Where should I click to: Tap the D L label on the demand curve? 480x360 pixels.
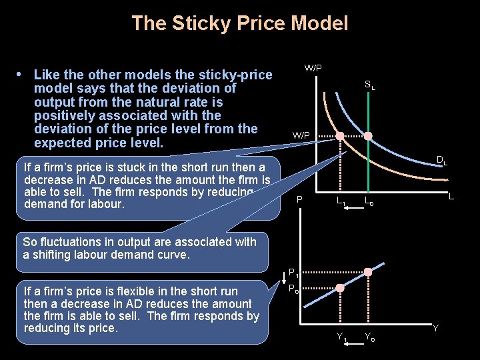pos(441,160)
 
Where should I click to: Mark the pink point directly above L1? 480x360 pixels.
pos(340,136)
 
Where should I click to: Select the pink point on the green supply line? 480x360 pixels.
pos(367,136)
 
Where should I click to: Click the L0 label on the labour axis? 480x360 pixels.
pos(369,201)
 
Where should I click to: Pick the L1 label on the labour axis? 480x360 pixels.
pos(341,201)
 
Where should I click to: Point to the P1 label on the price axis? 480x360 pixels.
pos(293,272)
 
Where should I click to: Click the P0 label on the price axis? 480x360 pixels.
pos(293,289)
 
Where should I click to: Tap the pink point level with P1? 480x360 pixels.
pos(367,272)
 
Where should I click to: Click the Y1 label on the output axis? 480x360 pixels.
pos(343,337)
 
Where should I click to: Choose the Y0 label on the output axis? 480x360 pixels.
pos(369,337)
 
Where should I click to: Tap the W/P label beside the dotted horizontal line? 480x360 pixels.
pos(301,135)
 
